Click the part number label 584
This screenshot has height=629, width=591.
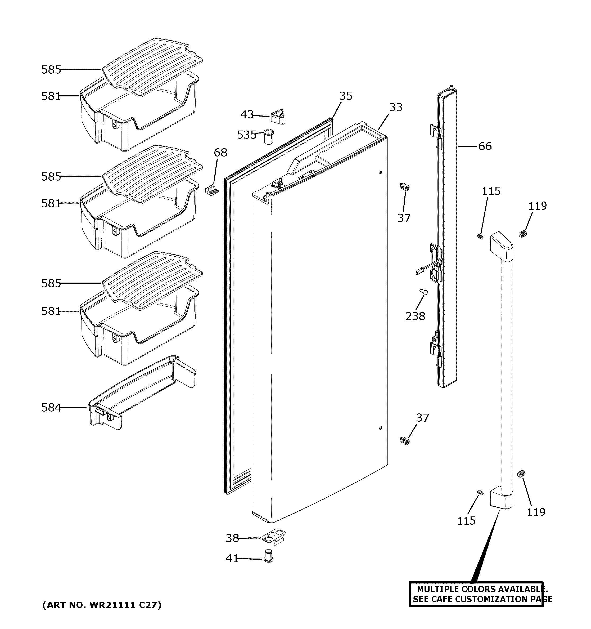51,408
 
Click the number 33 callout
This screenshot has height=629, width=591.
396,107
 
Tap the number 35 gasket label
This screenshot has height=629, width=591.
346,96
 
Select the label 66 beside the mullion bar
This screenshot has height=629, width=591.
485,146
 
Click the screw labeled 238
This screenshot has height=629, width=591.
423,291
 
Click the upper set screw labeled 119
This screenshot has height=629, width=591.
523,234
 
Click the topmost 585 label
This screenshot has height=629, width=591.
51,70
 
